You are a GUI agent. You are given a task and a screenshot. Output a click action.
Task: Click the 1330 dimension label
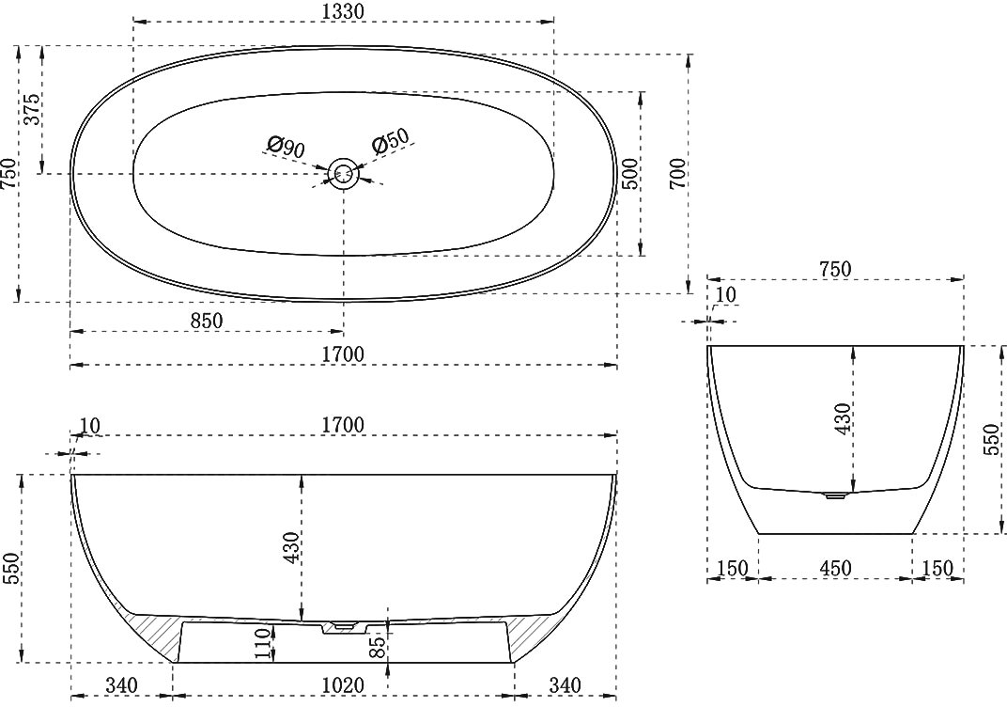(343, 11)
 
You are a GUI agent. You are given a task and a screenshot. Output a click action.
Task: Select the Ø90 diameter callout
(286, 147)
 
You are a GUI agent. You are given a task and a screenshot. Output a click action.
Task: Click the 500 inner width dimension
(631, 174)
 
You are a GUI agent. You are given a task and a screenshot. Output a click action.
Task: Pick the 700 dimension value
(677, 174)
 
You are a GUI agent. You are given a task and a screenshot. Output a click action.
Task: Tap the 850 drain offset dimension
(206, 320)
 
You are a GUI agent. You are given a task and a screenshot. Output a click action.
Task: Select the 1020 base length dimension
(343, 685)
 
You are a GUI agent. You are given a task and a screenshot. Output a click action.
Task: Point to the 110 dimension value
(263, 644)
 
